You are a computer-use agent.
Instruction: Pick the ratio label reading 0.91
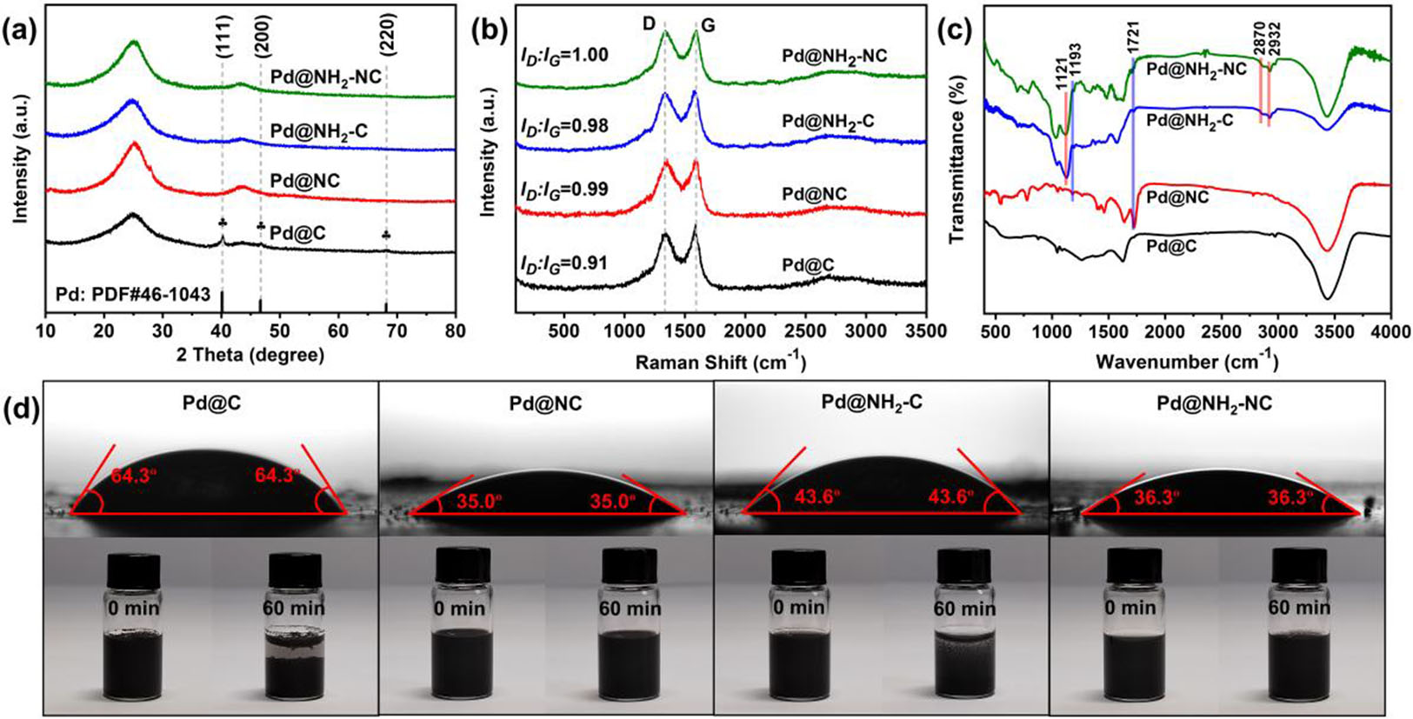point(563,263)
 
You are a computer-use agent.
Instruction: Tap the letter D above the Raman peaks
point(649,23)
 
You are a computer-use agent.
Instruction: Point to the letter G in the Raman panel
point(709,25)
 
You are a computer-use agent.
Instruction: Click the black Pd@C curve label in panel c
point(1171,247)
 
